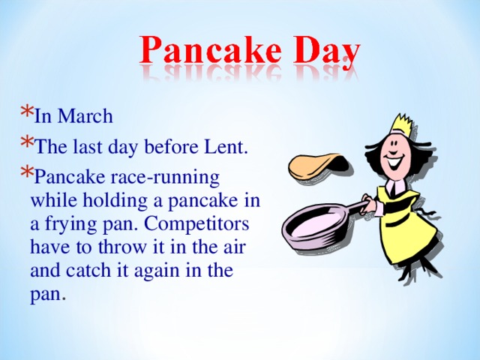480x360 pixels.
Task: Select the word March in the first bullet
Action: (85, 116)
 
